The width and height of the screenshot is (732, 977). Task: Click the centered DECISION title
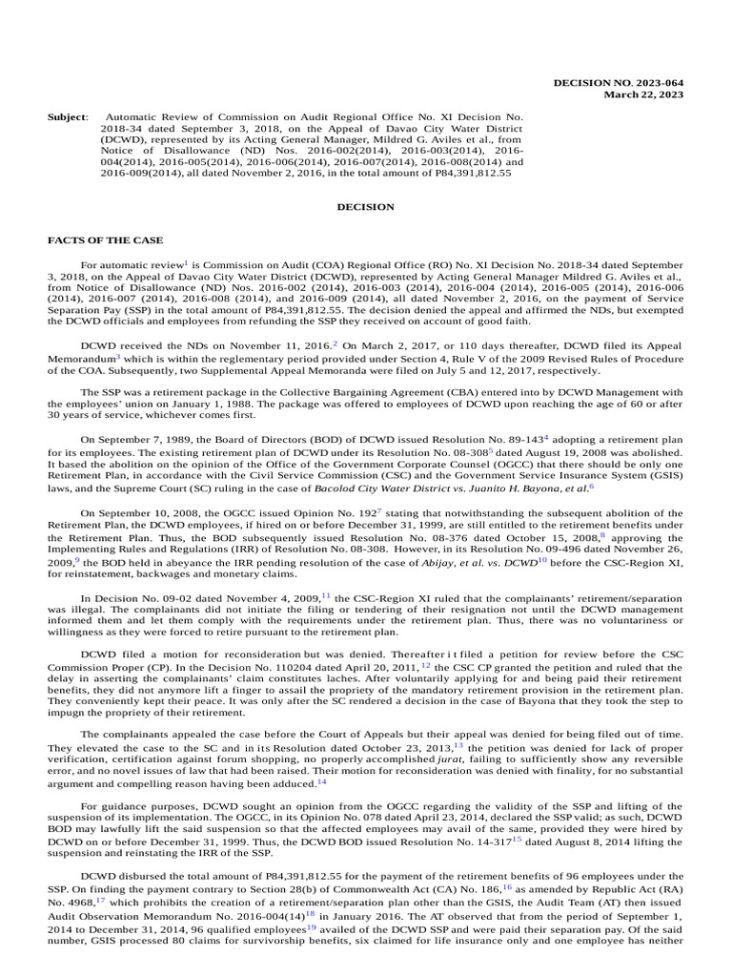(365, 206)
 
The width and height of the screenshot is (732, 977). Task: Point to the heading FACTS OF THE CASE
(105, 239)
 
